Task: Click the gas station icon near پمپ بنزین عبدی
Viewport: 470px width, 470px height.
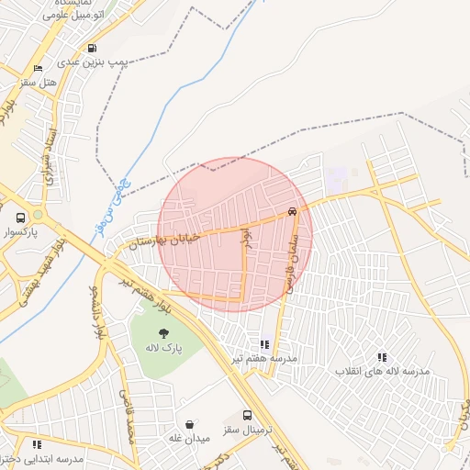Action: coord(91,48)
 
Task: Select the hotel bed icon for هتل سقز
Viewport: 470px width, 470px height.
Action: coord(38,69)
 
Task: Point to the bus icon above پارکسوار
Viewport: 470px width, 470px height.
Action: coord(20,218)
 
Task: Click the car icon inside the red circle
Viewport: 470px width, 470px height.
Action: coord(292,211)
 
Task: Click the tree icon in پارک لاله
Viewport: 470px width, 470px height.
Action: coord(163,333)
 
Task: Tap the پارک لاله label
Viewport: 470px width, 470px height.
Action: coord(163,349)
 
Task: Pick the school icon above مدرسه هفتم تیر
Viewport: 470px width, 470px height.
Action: coord(264,343)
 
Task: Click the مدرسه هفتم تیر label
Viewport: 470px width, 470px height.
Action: coord(263,358)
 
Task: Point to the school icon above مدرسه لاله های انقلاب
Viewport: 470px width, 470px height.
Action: coord(381,356)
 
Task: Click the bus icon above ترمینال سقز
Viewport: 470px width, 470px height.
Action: coord(247,415)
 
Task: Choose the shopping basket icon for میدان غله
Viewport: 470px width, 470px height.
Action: coord(190,424)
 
